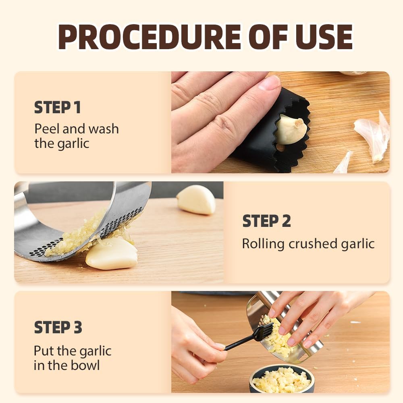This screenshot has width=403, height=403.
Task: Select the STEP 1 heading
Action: tap(57, 108)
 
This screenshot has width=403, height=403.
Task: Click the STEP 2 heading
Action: tap(266, 221)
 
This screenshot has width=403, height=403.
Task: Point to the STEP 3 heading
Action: tap(58, 327)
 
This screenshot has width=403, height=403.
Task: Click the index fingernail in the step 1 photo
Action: tap(269, 83)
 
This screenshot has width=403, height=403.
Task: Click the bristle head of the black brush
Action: tap(264, 332)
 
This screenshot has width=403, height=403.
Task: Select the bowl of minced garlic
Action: tap(282, 379)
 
